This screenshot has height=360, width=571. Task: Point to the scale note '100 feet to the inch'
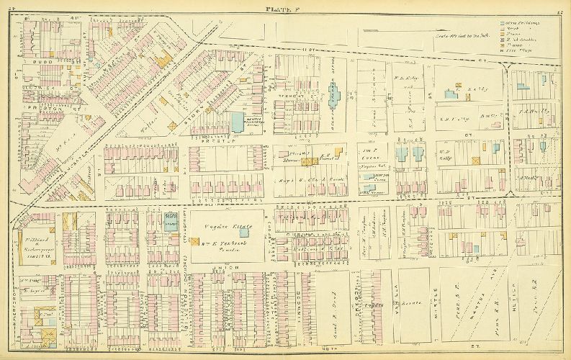coord(462,37)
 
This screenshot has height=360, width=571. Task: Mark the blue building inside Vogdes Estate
coord(244,232)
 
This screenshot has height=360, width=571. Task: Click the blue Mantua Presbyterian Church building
coord(237,122)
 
